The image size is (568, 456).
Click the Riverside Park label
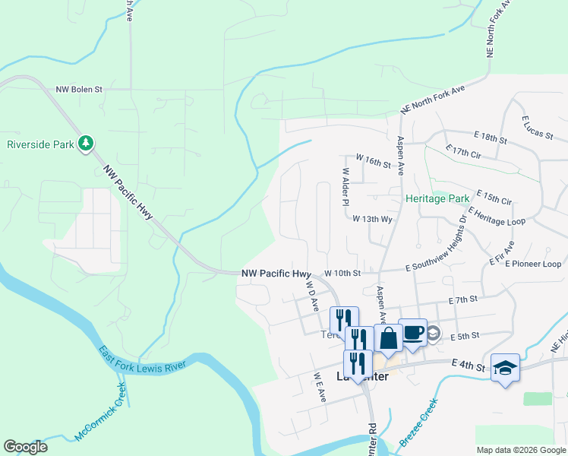[40, 144]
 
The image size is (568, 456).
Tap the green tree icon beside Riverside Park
[87, 143]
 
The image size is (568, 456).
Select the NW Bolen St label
[79, 89]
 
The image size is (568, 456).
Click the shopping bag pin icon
[388, 337]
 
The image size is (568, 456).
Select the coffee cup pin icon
[413, 333]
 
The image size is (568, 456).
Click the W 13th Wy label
[372, 218]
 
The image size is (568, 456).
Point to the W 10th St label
[342, 273]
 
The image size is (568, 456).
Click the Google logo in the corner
[25, 447]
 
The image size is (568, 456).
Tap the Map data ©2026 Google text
[520, 450]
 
